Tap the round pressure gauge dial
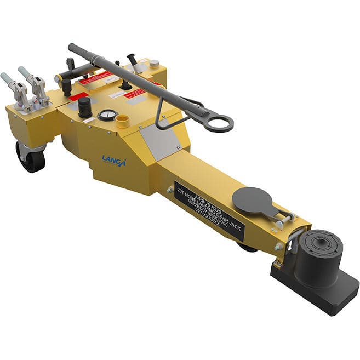coord(108,115)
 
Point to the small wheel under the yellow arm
coord(247,247)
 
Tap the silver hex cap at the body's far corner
coord(154,64)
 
